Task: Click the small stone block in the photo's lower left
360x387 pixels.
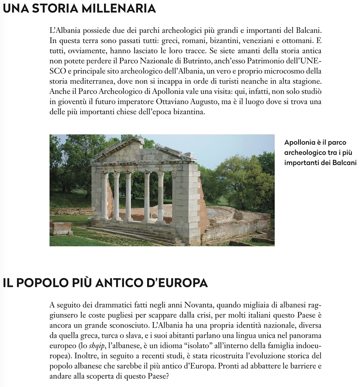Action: [61, 228]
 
